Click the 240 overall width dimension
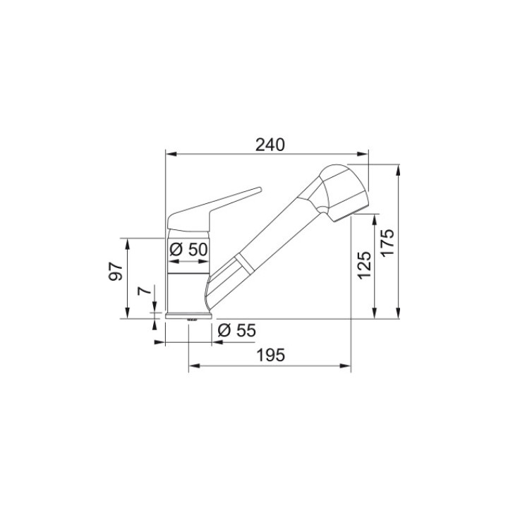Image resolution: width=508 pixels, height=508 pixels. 270,145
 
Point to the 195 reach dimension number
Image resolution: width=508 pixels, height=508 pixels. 270,356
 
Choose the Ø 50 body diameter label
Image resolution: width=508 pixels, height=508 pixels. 188,249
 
